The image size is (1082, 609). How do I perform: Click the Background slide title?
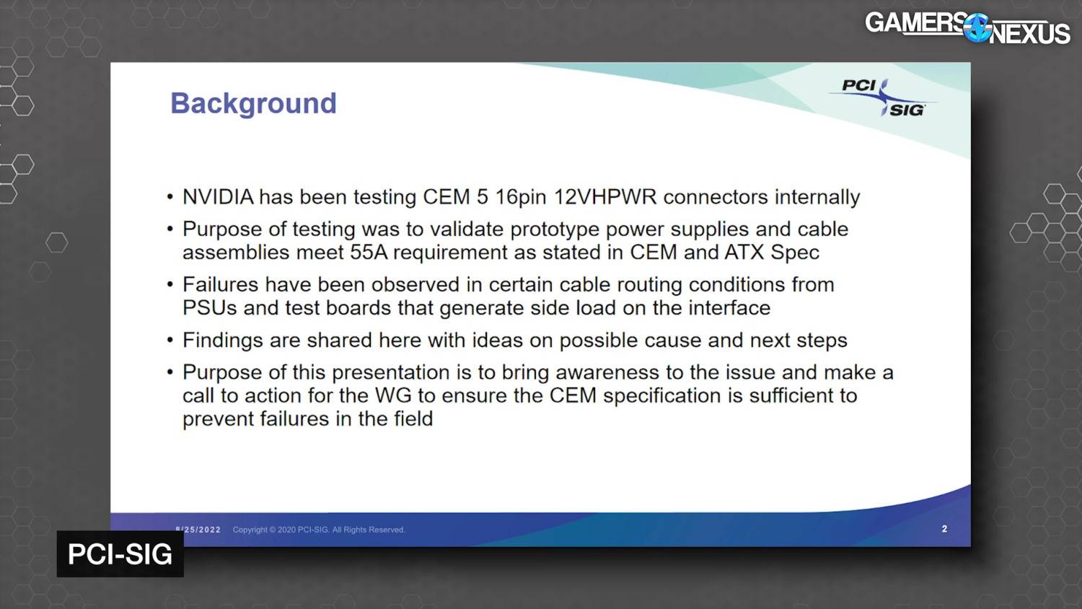[254, 103]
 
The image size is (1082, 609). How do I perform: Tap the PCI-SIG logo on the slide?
[882, 97]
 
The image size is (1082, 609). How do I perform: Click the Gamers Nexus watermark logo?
[967, 29]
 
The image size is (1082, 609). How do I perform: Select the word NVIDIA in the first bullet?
[218, 197]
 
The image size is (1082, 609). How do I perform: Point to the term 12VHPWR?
[605, 197]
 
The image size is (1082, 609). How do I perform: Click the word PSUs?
[210, 308]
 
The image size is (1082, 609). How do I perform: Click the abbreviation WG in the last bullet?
[393, 396]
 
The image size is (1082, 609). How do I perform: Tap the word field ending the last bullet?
[413, 419]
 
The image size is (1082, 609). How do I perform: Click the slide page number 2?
[944, 529]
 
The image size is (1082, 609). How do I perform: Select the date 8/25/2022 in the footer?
[198, 530]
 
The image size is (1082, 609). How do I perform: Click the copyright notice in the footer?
[319, 530]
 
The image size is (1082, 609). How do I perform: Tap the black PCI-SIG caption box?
[120, 554]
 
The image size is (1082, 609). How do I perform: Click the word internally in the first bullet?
[817, 197]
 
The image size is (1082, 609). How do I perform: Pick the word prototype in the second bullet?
[555, 229]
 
